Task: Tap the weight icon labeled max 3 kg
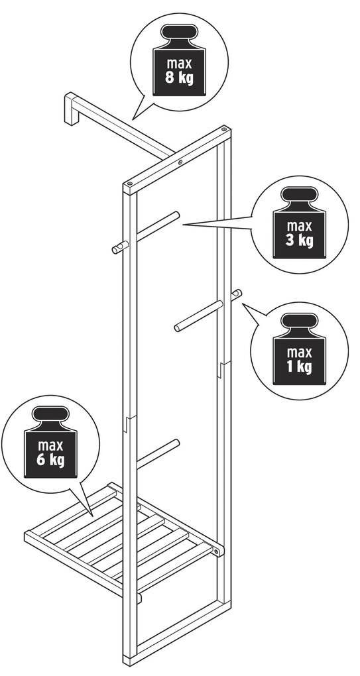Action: (x=299, y=223)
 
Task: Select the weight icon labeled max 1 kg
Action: (x=299, y=349)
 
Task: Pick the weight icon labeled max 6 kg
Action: (x=50, y=442)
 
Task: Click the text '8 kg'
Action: (x=179, y=78)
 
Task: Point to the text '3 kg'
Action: (x=299, y=241)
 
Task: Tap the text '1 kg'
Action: (x=299, y=367)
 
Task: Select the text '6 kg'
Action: (x=50, y=460)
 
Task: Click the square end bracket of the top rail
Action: (x=71, y=109)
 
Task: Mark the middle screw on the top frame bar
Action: (x=180, y=162)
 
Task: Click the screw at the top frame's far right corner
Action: (x=224, y=129)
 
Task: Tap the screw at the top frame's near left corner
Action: (x=130, y=184)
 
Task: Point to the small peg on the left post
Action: (x=119, y=247)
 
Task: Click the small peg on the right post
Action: (x=236, y=295)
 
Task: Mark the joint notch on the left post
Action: (x=129, y=423)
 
